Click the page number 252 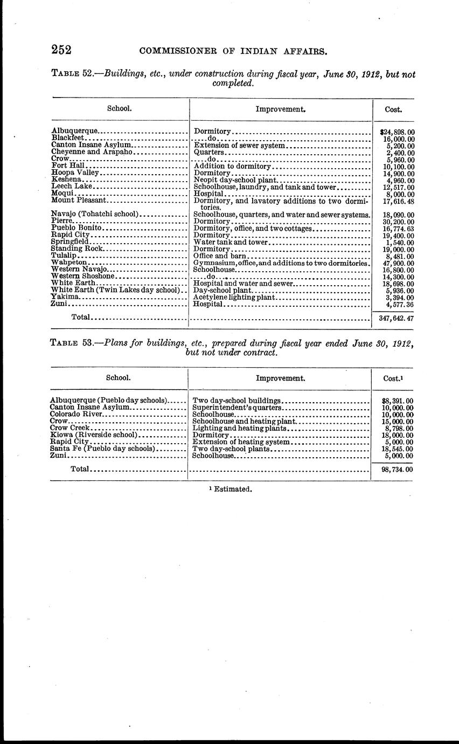61,50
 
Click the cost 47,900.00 395,263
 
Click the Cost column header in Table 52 393,109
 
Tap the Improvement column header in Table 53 280,378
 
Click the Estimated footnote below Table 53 230,489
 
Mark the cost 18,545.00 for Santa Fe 394,449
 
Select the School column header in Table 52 120,108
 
